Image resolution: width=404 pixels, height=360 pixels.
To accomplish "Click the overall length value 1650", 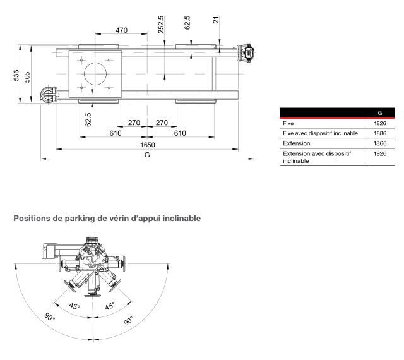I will point(148,144).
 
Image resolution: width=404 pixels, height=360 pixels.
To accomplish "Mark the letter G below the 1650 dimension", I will point(147,154).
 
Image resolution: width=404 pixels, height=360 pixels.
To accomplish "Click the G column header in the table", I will point(379,114).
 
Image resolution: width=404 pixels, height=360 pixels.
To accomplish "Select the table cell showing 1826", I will point(379,123).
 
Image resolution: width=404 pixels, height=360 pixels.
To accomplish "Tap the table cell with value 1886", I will point(379,133).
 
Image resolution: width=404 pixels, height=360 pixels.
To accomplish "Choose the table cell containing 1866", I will point(379,143).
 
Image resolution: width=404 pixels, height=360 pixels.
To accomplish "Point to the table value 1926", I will point(379,153).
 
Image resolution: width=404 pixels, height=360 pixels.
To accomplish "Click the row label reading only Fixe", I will point(288,123).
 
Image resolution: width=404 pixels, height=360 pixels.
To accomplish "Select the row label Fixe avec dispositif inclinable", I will point(320,133).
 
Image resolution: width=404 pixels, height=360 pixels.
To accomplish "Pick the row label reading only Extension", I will point(296,143).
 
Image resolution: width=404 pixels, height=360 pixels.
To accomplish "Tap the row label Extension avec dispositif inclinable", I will point(316,157).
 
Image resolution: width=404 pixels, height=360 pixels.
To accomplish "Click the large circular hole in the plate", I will point(96,73).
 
